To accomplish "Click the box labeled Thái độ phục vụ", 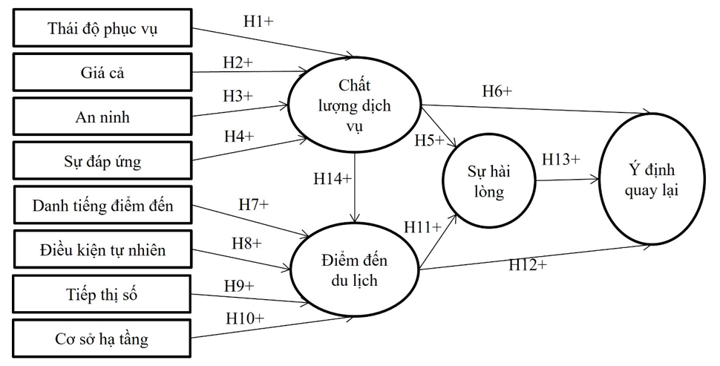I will [x=102, y=30].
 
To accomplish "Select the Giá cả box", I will [x=102, y=73].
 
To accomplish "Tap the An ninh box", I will [x=102, y=116].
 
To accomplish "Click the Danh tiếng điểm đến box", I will [x=102, y=206].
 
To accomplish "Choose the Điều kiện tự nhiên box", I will [x=102, y=250].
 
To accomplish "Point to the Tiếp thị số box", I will [x=102, y=295].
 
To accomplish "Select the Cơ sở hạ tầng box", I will [x=102, y=339].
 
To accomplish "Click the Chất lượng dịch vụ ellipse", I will [x=354, y=105].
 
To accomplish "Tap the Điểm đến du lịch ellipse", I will [x=354, y=272].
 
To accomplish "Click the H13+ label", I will [x=560, y=159].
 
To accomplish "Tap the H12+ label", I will [x=528, y=264].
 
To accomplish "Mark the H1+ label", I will [x=258, y=22].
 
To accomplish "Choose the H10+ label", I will [x=245, y=318].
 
